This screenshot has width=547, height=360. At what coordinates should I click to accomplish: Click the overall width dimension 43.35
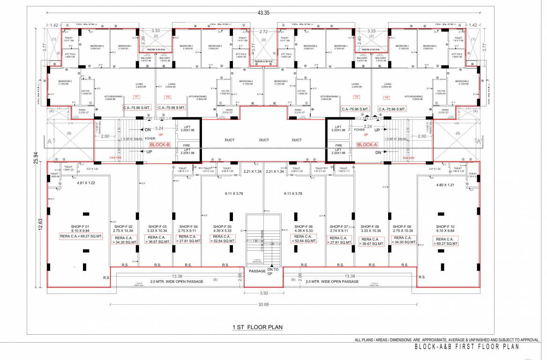(264, 13)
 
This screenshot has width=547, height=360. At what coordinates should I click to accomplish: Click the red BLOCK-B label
(159, 145)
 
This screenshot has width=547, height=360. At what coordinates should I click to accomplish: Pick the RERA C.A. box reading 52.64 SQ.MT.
(304, 239)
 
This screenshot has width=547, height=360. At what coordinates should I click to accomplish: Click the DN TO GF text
(273, 271)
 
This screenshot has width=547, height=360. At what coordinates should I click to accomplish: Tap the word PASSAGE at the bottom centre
(257, 271)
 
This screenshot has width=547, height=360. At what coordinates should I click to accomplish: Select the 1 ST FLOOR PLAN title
(257, 327)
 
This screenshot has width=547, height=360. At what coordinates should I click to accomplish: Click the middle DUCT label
(264, 140)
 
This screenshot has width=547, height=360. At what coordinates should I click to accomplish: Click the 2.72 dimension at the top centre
(264, 31)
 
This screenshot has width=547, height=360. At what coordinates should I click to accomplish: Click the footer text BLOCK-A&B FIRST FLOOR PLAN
(467, 347)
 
